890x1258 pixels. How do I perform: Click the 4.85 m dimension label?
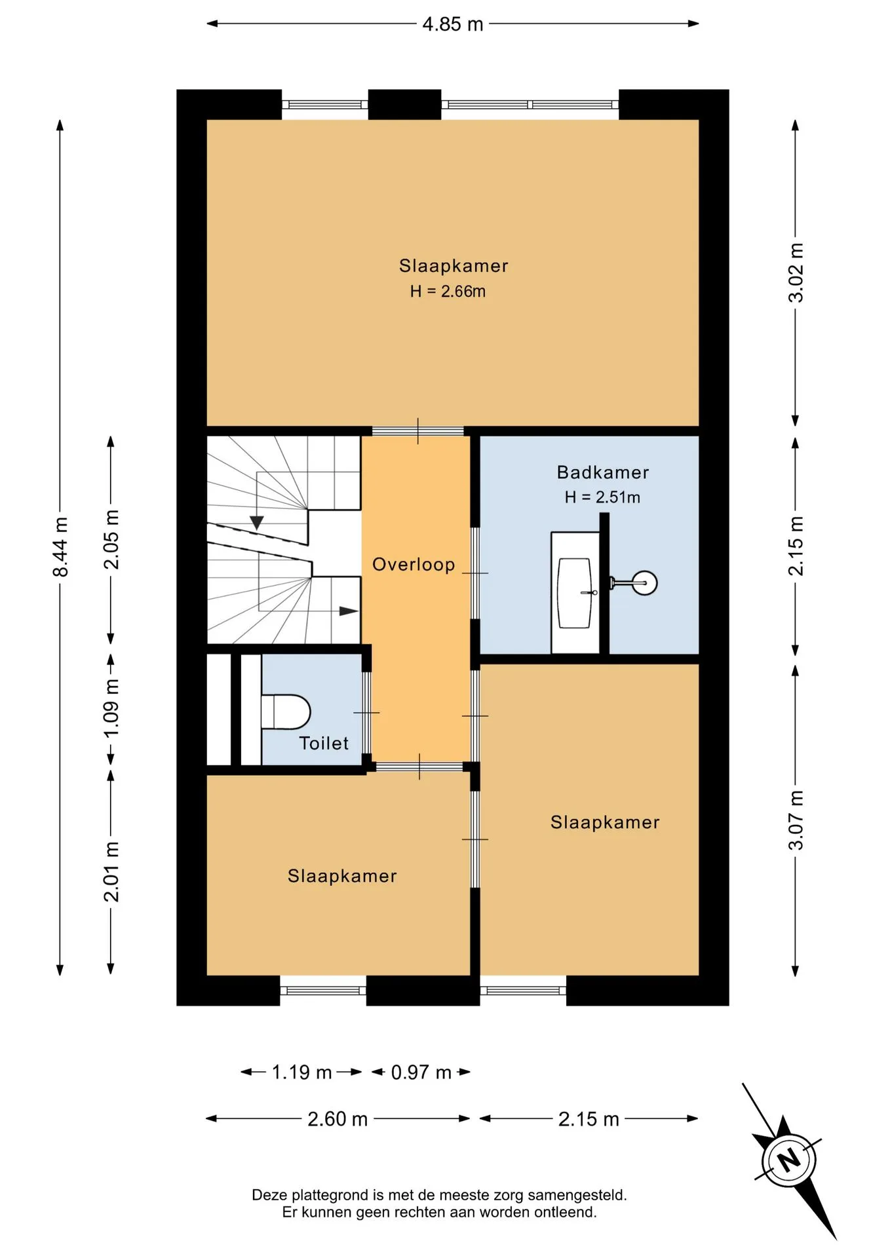[453, 24]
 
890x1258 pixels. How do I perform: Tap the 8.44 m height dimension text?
[60, 546]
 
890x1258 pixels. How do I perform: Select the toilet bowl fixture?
[286, 712]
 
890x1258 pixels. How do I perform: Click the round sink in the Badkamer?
[644, 582]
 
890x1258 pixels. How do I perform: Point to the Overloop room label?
[414, 565]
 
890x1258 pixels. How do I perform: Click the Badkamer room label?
[603, 472]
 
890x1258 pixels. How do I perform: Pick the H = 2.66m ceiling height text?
[448, 292]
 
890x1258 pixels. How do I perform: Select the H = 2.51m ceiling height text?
[602, 497]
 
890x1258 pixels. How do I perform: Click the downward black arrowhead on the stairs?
[257, 522]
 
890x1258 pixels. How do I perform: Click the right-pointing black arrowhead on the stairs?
[349, 611]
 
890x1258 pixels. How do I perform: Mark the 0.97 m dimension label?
[421, 1073]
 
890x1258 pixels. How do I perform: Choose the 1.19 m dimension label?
[301, 1073]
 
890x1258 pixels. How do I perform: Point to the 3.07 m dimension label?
[796, 820]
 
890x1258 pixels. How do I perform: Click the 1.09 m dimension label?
[111, 708]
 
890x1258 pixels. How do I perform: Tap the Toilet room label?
[324, 743]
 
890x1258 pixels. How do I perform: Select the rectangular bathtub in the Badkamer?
[574, 593]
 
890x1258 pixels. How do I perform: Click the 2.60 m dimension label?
[338, 1119]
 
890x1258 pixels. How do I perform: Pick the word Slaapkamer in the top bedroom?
[454, 266]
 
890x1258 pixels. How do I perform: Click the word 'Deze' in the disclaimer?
[269, 1195]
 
